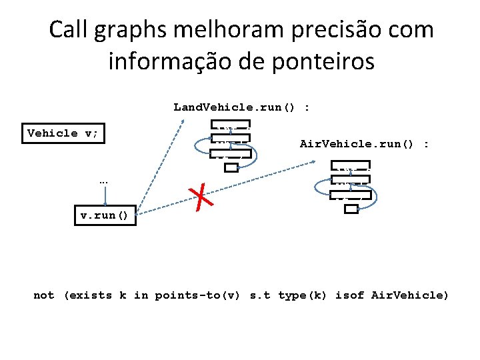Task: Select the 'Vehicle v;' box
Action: pyautogui.click(x=63, y=133)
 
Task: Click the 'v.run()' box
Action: pyautogui.click(x=105, y=216)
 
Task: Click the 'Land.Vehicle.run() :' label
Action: pyautogui.click(x=242, y=107)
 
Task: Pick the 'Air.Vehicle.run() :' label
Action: pyautogui.click(x=365, y=144)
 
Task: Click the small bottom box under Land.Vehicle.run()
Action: pyautogui.click(x=231, y=167)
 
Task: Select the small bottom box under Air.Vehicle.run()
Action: pyautogui.click(x=351, y=209)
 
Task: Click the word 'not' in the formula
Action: pyautogui.click(x=44, y=295)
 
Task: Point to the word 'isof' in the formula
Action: pyautogui.click(x=349, y=295)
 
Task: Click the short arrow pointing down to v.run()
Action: pyautogui.click(x=105, y=196)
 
